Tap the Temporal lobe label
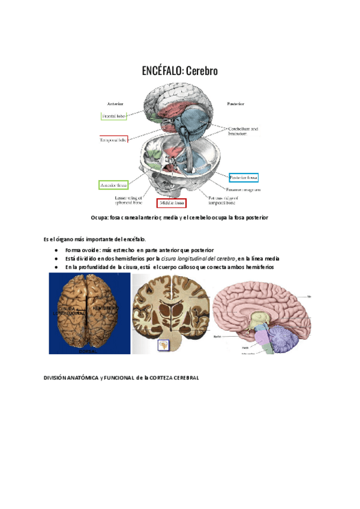click(x=113, y=140)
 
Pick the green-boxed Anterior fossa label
click(x=113, y=185)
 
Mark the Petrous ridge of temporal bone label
click(x=223, y=199)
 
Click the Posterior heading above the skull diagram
click(x=235, y=103)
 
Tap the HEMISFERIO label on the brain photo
click(x=106, y=307)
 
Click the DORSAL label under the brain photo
click(x=88, y=351)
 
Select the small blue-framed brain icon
click(x=162, y=345)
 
